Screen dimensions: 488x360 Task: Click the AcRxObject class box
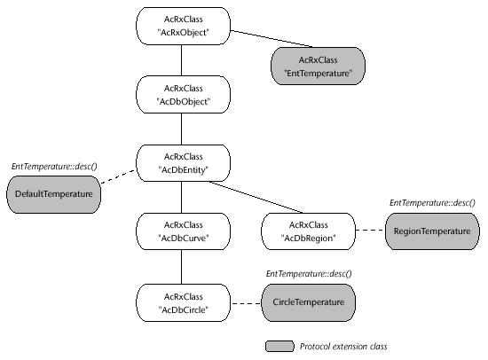coord(184,26)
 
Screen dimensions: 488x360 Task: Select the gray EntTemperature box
coord(318,66)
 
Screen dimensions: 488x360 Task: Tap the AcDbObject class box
coord(184,95)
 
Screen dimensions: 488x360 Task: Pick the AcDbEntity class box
coord(184,163)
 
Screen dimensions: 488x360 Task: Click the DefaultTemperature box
coord(54,194)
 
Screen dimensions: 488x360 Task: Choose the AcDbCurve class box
coord(184,231)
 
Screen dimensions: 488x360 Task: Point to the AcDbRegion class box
coord(309,231)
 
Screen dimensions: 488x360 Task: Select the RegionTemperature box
coord(432,231)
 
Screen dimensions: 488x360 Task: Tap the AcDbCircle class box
coord(184,302)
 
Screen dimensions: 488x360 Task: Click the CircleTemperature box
coord(309,302)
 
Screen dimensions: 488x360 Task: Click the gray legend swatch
coord(279,347)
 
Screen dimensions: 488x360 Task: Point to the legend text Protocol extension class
coord(343,347)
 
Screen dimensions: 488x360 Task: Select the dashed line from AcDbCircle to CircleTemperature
coord(246,303)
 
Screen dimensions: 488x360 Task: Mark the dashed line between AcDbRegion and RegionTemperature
coord(370,231)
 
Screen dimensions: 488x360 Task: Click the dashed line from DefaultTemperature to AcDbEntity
coord(119,176)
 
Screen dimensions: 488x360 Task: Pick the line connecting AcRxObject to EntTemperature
coord(272,39)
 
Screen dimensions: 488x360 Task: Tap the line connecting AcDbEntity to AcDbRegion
coord(256,197)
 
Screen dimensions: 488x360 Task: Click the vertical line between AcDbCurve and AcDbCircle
coord(181,267)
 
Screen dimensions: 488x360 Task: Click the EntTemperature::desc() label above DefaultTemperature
coord(54,167)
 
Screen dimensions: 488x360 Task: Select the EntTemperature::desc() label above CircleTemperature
coord(309,274)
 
